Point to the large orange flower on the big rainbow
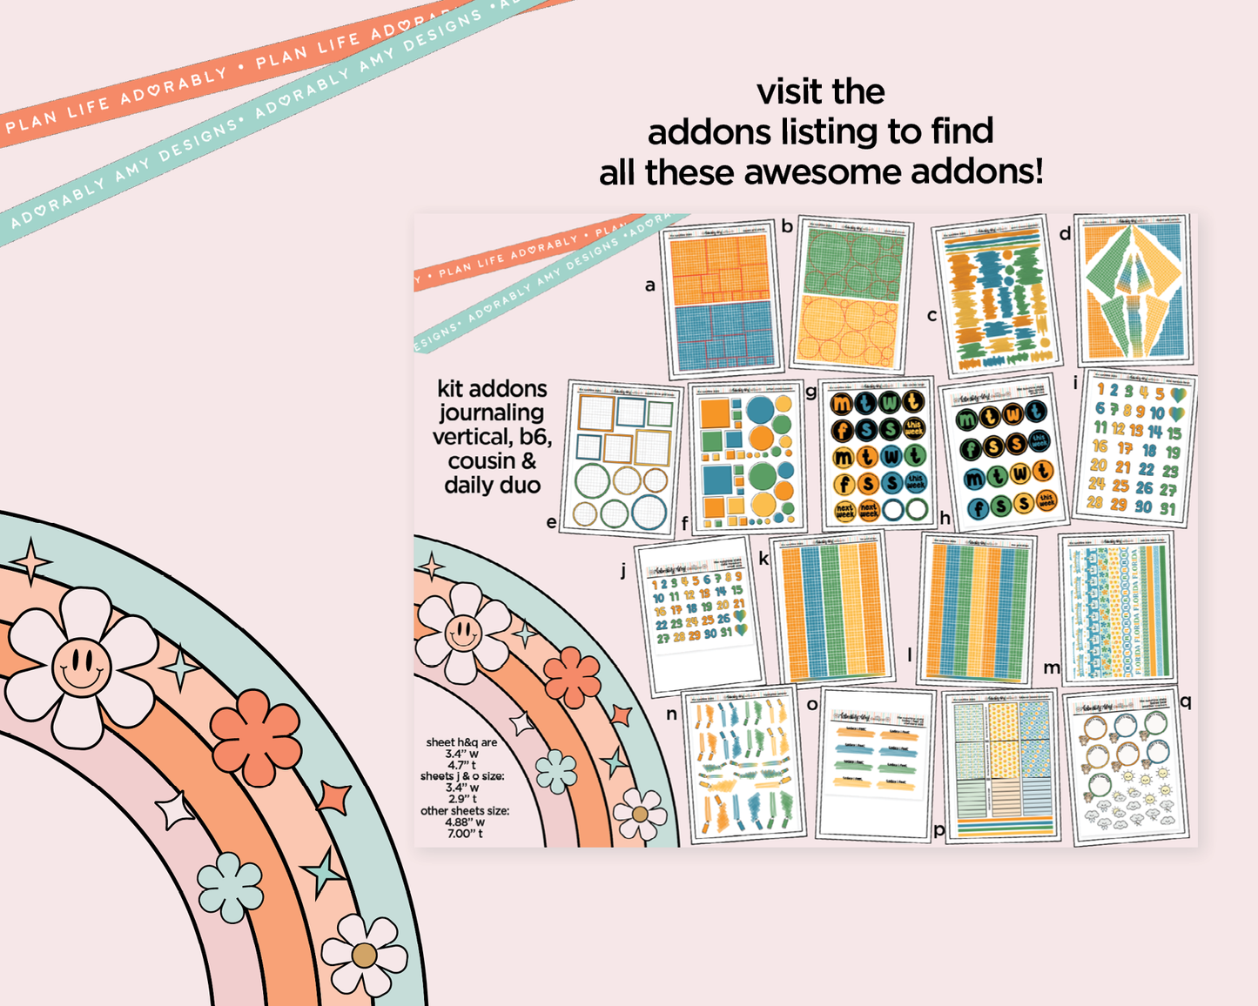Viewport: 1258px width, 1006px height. [256, 736]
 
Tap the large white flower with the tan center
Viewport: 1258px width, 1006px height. [364, 955]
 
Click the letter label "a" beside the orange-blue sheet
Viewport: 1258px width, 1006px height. [649, 285]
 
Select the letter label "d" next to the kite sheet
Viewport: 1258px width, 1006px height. [1065, 233]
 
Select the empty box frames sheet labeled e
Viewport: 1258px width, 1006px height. [621, 457]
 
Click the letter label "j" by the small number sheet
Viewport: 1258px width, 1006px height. [623, 571]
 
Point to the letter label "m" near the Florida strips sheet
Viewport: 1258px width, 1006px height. [1052, 667]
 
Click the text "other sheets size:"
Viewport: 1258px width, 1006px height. [465, 811]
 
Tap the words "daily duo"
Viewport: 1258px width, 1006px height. [492, 485]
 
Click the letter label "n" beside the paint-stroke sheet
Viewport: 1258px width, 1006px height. [671, 714]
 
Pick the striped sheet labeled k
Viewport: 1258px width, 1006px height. [834, 608]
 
